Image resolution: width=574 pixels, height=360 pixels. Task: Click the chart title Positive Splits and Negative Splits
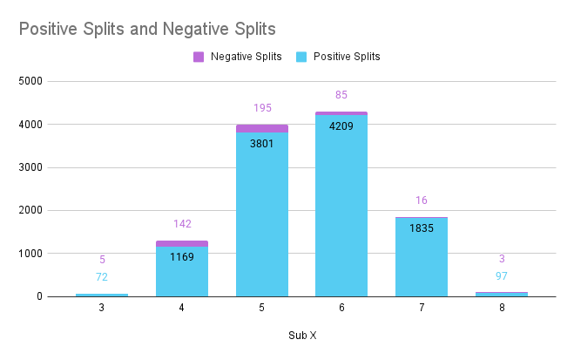147,29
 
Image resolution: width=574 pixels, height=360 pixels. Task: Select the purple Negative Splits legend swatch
199,57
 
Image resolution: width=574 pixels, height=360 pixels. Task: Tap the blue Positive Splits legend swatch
301,57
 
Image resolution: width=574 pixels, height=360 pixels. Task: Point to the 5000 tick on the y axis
30,82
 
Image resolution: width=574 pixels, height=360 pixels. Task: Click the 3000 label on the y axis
30,167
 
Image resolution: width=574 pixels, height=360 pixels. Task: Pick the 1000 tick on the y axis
30,254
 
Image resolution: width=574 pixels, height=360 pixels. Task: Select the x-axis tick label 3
102,308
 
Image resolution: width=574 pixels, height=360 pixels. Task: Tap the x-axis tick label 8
501,308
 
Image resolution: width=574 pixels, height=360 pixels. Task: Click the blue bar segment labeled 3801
262,218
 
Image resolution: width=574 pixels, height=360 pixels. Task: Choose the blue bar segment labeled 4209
341,209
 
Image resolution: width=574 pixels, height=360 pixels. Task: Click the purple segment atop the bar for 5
262,128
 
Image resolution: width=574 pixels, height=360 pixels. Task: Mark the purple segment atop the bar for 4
182,243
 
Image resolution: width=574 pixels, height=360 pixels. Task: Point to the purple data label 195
262,108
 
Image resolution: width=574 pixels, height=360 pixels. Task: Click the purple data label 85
341,95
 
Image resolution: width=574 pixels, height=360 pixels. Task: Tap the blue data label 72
102,276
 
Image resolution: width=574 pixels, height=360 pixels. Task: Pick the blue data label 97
501,276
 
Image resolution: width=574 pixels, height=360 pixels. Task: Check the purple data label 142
182,224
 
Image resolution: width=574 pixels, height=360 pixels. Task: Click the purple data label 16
422,200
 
